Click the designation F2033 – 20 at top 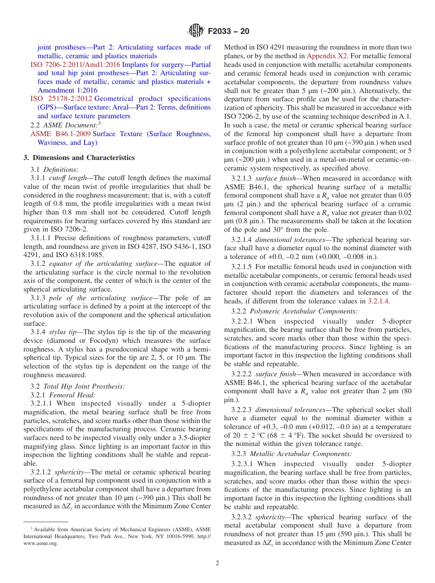click(228, 32)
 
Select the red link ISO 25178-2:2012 click(61, 99)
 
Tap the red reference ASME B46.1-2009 click(61, 134)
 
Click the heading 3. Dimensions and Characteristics click(79, 158)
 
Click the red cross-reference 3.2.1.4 click(379, 301)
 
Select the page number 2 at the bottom click(217, 563)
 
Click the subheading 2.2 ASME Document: click(65, 125)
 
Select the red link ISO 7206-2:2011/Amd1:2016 click(75, 65)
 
